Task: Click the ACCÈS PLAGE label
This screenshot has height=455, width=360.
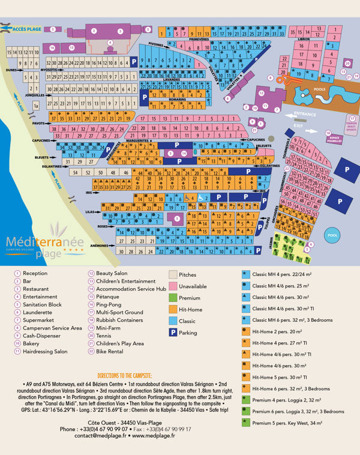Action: [x=27, y=28]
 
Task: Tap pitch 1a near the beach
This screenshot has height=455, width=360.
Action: [x=35, y=106]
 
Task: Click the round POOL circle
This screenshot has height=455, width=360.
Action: [x=333, y=235]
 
